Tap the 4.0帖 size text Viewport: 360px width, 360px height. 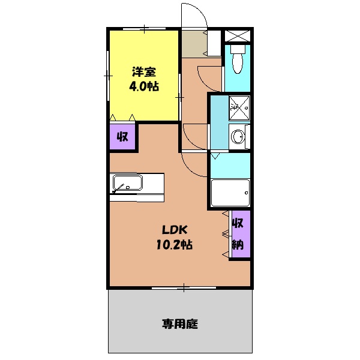point(144,86)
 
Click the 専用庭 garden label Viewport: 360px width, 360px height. point(179,325)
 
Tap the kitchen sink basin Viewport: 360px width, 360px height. point(126,182)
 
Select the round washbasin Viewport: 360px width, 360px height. point(238,137)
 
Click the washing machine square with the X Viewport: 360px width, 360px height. point(239,106)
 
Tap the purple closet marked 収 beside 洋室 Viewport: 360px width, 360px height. point(122,137)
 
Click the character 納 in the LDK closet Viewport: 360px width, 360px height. point(238,244)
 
